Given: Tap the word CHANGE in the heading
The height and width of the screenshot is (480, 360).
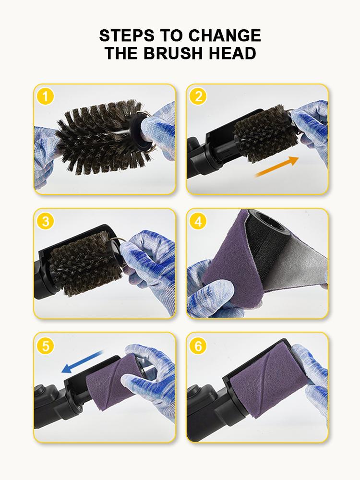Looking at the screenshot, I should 225,36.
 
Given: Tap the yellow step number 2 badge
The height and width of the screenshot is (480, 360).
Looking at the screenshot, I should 198,96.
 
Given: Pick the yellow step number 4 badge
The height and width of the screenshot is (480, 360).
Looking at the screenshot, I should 198,221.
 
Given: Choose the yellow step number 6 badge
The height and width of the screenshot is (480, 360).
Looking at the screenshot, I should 198,345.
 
